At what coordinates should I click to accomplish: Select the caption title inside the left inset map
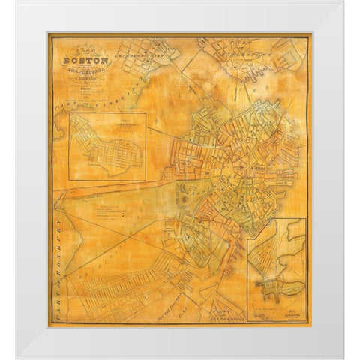click(109, 122)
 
